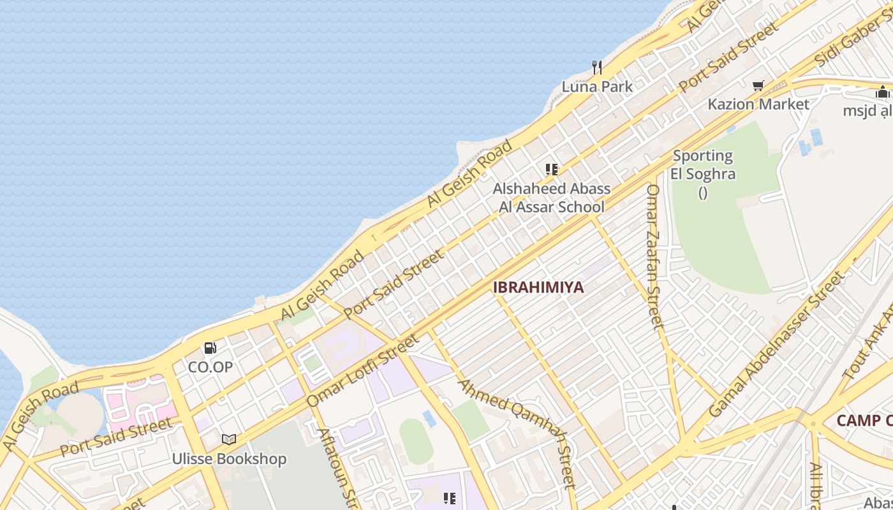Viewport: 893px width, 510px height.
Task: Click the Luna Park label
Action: (x=597, y=87)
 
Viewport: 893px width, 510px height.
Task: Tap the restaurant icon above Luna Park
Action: (x=597, y=67)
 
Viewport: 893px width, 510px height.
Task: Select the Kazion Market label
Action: (x=758, y=104)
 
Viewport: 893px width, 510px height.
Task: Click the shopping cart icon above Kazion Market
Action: (x=758, y=85)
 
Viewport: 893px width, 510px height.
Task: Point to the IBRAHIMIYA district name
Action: (x=538, y=287)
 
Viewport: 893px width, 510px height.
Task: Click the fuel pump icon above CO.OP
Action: (x=210, y=348)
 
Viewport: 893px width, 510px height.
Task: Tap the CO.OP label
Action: (x=210, y=367)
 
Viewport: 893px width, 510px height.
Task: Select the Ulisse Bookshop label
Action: (x=229, y=459)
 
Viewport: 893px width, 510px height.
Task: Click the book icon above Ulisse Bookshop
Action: (x=229, y=439)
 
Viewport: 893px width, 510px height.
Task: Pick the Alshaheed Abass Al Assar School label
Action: (x=552, y=198)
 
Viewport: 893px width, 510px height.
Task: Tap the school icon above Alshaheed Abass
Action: (x=552, y=170)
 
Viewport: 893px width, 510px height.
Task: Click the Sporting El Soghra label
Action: (x=703, y=164)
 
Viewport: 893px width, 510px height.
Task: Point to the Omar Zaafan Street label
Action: (x=654, y=256)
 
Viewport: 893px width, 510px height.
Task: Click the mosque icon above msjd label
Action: (x=883, y=92)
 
